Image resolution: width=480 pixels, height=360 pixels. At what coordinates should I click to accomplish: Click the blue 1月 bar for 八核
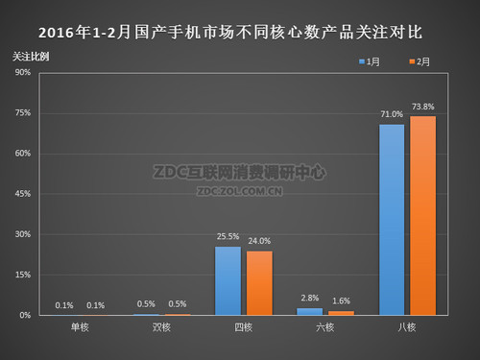click(x=392, y=220)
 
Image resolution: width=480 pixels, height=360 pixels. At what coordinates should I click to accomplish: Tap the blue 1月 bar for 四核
click(x=228, y=280)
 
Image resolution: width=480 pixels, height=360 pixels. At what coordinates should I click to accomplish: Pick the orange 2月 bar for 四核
click(x=259, y=282)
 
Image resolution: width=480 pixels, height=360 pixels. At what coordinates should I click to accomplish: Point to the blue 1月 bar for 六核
click(x=310, y=311)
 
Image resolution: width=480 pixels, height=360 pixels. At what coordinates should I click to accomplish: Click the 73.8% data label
click(x=423, y=106)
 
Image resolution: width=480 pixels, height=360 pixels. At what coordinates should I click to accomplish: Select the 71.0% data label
click(x=392, y=113)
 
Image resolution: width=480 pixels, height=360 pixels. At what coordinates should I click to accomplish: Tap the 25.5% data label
click(x=228, y=236)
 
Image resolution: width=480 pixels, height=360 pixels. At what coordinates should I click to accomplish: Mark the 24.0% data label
click(x=259, y=240)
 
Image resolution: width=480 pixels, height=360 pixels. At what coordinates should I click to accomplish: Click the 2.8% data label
click(x=309, y=299)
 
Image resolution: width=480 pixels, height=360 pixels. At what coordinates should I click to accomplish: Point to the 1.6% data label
click(x=341, y=301)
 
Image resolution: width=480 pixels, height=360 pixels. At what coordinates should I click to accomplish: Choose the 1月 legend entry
click(x=370, y=61)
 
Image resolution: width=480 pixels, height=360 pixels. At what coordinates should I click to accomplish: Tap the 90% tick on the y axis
click(x=24, y=73)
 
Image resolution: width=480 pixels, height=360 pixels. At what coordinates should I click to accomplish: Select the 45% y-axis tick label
click(x=24, y=194)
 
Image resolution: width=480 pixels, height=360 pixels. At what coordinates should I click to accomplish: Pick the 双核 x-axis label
click(x=162, y=328)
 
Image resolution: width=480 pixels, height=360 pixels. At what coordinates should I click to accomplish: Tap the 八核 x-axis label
click(x=407, y=328)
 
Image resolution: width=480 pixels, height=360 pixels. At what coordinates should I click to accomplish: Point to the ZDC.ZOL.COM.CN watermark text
click(x=240, y=190)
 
